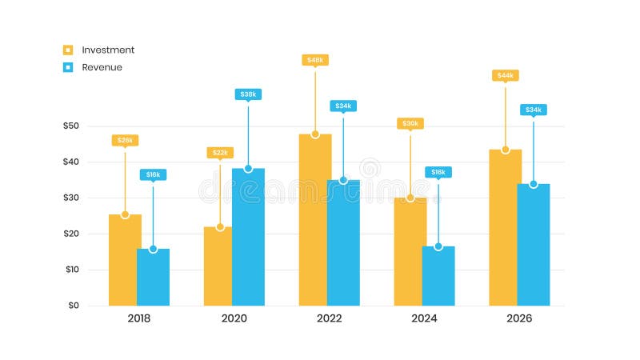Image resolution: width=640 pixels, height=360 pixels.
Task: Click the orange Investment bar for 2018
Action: [124, 260]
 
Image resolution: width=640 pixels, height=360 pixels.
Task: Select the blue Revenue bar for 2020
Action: [248, 237]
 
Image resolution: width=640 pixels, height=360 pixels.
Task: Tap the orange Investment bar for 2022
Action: [314, 220]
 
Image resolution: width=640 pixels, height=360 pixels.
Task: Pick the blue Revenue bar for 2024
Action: [438, 276]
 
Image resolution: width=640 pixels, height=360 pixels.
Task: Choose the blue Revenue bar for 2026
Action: [534, 245]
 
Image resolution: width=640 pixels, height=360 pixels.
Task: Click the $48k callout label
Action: [315, 60]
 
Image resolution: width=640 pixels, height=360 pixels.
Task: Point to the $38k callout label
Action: [248, 94]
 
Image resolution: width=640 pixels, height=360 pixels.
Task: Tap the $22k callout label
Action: [220, 153]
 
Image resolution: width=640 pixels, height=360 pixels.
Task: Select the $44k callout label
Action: [505, 76]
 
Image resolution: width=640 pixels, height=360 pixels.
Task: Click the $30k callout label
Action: [410, 124]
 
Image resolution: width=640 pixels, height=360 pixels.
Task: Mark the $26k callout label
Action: [125, 141]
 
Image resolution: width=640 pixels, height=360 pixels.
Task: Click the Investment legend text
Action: [108, 50]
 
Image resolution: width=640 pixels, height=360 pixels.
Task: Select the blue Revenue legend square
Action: [68, 68]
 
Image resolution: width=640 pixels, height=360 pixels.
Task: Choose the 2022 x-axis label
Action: [329, 318]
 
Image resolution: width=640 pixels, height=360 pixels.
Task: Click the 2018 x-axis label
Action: [138, 318]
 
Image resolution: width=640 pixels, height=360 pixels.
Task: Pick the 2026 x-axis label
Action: [519, 318]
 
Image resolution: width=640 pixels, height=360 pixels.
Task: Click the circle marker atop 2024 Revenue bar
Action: [438, 246]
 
